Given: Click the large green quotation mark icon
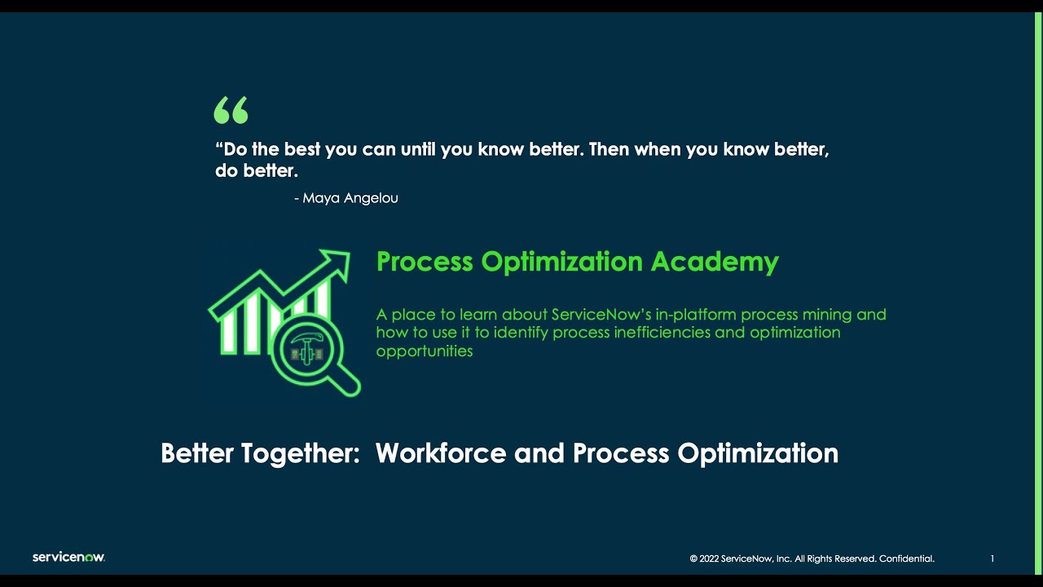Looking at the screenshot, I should coord(231,111).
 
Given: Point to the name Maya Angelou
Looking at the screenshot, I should coord(350,198).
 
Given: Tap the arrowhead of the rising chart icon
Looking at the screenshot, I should coord(337,262).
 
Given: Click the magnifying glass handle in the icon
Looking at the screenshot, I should coord(346,382).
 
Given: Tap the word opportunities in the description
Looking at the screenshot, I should coord(424,351).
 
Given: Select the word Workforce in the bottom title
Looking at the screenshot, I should coord(440,453).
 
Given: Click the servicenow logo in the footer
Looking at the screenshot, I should coord(68,558).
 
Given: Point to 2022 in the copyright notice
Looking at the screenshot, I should coord(709,559).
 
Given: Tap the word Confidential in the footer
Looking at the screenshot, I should coord(906,559).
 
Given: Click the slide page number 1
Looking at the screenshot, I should coord(992,559).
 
